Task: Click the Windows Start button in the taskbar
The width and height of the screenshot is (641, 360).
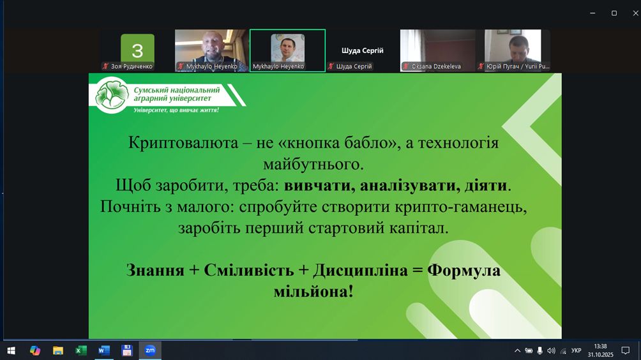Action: (x=11, y=350)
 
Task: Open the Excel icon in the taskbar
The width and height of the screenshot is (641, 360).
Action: (x=81, y=350)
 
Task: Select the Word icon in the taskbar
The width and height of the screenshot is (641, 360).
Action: (x=104, y=350)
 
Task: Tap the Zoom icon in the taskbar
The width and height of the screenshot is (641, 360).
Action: (x=150, y=350)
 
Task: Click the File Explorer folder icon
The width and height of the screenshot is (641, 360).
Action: (x=58, y=350)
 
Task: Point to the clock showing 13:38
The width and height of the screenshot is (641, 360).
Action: (x=601, y=347)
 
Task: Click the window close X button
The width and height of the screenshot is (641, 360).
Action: (x=636, y=13)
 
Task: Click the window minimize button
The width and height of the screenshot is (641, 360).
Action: (x=592, y=13)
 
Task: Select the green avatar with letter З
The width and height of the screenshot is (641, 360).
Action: (x=137, y=49)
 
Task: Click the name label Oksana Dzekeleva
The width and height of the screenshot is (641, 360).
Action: (x=436, y=66)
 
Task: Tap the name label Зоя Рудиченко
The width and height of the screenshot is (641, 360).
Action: (x=132, y=66)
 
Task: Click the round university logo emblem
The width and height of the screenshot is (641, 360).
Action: (x=112, y=95)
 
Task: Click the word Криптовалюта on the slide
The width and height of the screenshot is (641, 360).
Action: (x=183, y=143)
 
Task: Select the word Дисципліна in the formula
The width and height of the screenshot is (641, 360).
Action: (x=361, y=270)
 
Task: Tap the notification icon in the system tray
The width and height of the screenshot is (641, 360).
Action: (x=626, y=350)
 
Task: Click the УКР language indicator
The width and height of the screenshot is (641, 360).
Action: (x=576, y=350)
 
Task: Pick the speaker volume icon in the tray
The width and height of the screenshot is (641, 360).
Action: (x=551, y=350)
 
